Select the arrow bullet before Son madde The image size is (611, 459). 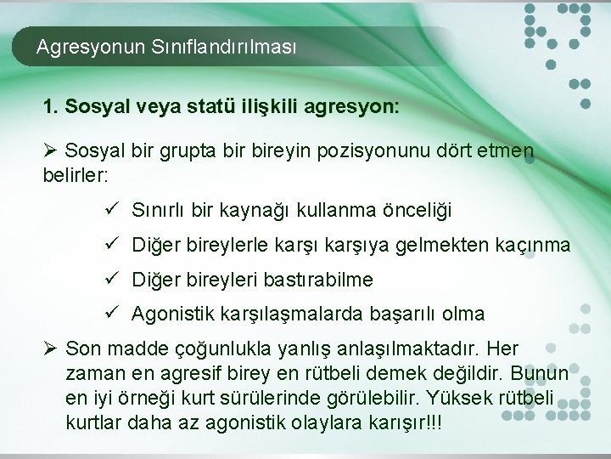[50, 348]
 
